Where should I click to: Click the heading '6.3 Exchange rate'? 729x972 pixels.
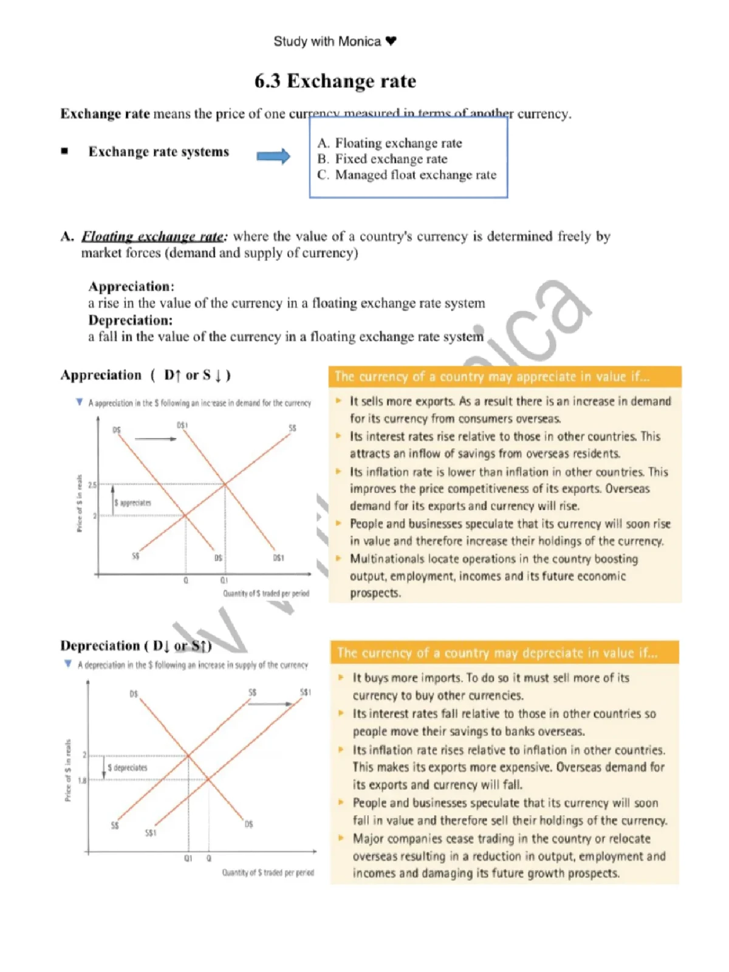(x=335, y=81)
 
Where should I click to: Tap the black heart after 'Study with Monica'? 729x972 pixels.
(x=391, y=41)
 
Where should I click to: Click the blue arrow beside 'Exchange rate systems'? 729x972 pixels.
(x=273, y=156)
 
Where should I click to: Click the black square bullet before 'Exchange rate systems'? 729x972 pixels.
(x=64, y=151)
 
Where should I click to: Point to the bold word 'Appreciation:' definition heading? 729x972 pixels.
(x=131, y=286)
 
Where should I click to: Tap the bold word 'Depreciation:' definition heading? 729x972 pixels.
(x=130, y=320)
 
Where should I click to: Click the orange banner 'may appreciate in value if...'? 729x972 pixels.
(x=504, y=377)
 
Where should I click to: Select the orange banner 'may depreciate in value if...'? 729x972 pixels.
(x=504, y=653)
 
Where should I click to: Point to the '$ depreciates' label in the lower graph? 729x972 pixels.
(x=128, y=767)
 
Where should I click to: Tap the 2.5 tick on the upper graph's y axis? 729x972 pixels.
(x=92, y=485)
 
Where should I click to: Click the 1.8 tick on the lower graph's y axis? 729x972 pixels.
(x=82, y=780)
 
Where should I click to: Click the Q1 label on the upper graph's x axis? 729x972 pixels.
(x=224, y=581)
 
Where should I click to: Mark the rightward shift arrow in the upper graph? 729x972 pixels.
(x=156, y=438)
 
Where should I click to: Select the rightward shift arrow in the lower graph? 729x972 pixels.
(x=271, y=703)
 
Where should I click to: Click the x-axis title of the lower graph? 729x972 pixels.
(x=268, y=872)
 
